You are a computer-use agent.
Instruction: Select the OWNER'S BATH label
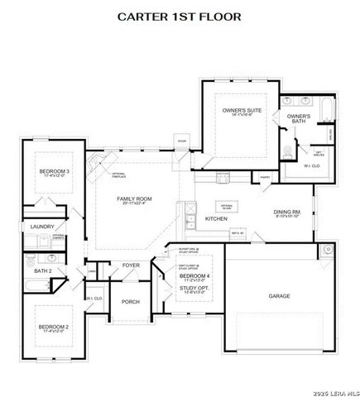[299, 118]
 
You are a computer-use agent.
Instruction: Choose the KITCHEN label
[216, 218]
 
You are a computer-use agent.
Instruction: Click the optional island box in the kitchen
[226, 205]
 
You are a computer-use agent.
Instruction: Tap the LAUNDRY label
[42, 227]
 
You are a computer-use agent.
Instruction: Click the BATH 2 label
[43, 270]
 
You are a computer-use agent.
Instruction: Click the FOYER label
[132, 265]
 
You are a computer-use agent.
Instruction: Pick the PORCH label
[131, 302]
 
